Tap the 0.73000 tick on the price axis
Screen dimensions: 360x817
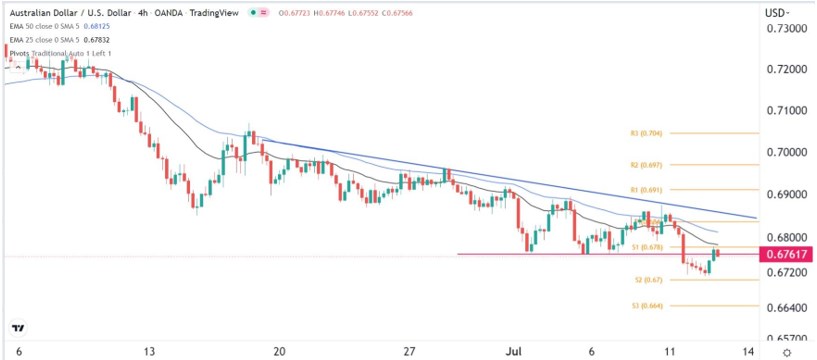785,29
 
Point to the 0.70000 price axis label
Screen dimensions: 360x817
785,152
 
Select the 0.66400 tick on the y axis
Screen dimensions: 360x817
785,307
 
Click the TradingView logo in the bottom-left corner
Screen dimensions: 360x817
17,329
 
